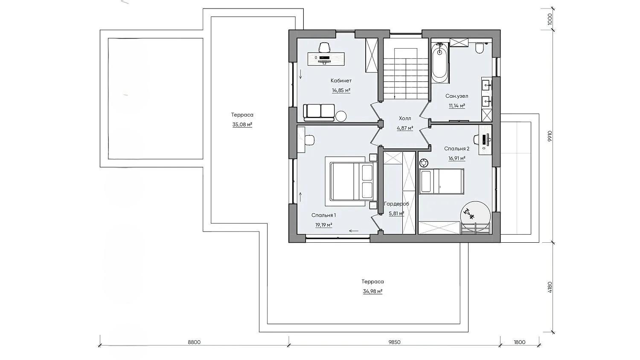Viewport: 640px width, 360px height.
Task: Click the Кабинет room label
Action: tap(341, 81)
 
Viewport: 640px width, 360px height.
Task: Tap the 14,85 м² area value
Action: tap(341, 90)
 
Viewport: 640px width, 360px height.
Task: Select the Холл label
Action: tap(405, 118)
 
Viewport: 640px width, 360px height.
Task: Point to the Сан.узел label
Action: tap(457, 96)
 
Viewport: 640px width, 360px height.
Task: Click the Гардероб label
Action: tap(396, 204)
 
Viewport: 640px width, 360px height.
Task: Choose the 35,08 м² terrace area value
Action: tap(242, 125)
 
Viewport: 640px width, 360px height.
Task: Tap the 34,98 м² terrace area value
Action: tap(373, 291)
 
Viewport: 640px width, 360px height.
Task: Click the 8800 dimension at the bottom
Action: tap(194, 342)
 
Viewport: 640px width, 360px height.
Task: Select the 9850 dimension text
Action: tap(394, 342)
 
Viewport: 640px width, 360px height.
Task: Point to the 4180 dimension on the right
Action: tap(550, 287)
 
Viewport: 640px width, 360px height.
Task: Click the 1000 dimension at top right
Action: tap(550, 20)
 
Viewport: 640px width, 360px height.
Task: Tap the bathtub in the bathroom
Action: tap(439, 63)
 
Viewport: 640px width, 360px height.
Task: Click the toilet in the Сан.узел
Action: tap(480, 48)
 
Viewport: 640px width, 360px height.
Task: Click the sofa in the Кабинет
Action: tap(319, 113)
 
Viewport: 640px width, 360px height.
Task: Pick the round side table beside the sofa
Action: tap(341, 116)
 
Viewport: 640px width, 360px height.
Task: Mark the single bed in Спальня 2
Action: tap(442, 181)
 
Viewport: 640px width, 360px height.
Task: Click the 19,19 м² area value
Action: tap(324, 225)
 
